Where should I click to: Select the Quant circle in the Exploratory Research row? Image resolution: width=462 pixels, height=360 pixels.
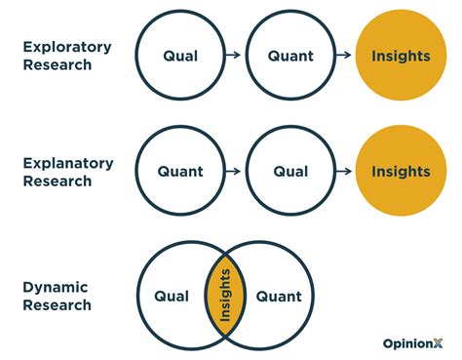click(x=290, y=56)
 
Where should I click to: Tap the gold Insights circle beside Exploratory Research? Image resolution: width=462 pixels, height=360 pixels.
click(x=400, y=56)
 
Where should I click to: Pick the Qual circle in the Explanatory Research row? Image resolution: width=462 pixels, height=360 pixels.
click(x=290, y=172)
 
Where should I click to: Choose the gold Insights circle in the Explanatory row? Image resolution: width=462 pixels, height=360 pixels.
click(x=400, y=172)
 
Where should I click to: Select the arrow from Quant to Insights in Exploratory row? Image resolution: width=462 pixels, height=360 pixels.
click(x=345, y=56)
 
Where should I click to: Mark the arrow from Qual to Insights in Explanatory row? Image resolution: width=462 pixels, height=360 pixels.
click(x=345, y=172)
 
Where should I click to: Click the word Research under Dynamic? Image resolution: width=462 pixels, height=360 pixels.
click(x=57, y=305)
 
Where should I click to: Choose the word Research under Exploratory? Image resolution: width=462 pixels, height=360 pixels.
click(x=57, y=64)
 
